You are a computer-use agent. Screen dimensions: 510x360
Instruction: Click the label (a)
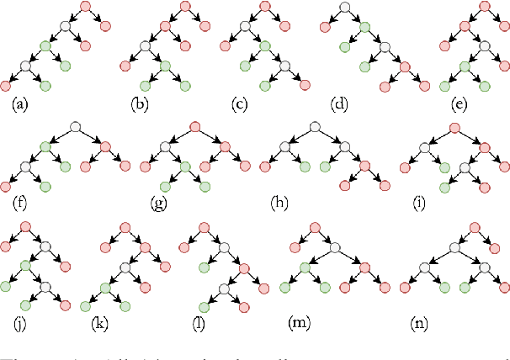[20, 105]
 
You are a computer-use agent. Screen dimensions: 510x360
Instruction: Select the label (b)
[140, 105]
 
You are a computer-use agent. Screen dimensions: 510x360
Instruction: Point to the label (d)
[340, 105]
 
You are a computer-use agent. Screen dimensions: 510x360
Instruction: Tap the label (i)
[420, 203]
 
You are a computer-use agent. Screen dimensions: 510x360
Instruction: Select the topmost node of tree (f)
[76, 127]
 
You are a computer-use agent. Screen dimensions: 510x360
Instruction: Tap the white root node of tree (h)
[314, 127]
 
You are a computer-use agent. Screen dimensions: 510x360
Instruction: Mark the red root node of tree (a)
[85, 8]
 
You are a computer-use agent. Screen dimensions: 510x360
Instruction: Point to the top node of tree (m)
[313, 227]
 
